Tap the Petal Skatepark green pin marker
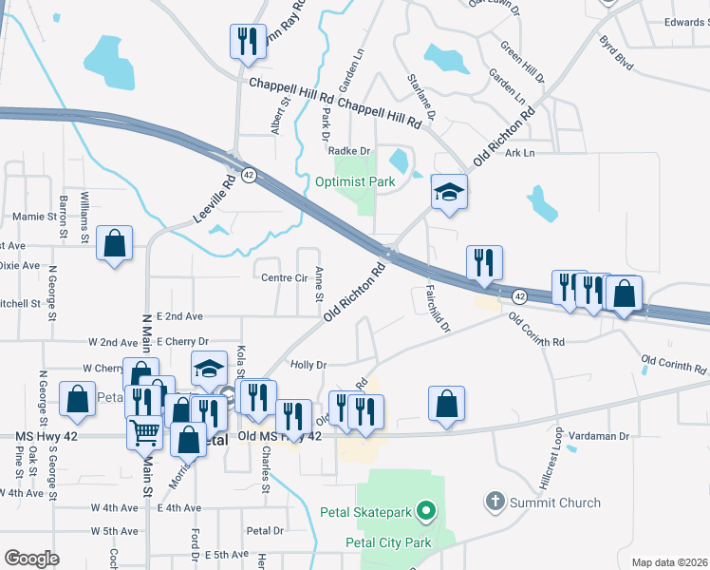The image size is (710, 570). [x=426, y=513]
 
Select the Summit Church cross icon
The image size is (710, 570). [x=494, y=501]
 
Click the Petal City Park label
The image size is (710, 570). [x=388, y=543]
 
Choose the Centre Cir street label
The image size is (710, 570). [x=282, y=278]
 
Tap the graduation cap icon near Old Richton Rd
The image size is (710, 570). [x=449, y=193]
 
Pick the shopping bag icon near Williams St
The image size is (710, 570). [x=114, y=244]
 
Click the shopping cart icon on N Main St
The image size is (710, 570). [x=144, y=432]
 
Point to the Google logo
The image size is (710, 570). [x=31, y=559]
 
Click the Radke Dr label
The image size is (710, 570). [x=347, y=150]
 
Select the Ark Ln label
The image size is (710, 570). [x=520, y=153]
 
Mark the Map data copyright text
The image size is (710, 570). [x=668, y=562]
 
